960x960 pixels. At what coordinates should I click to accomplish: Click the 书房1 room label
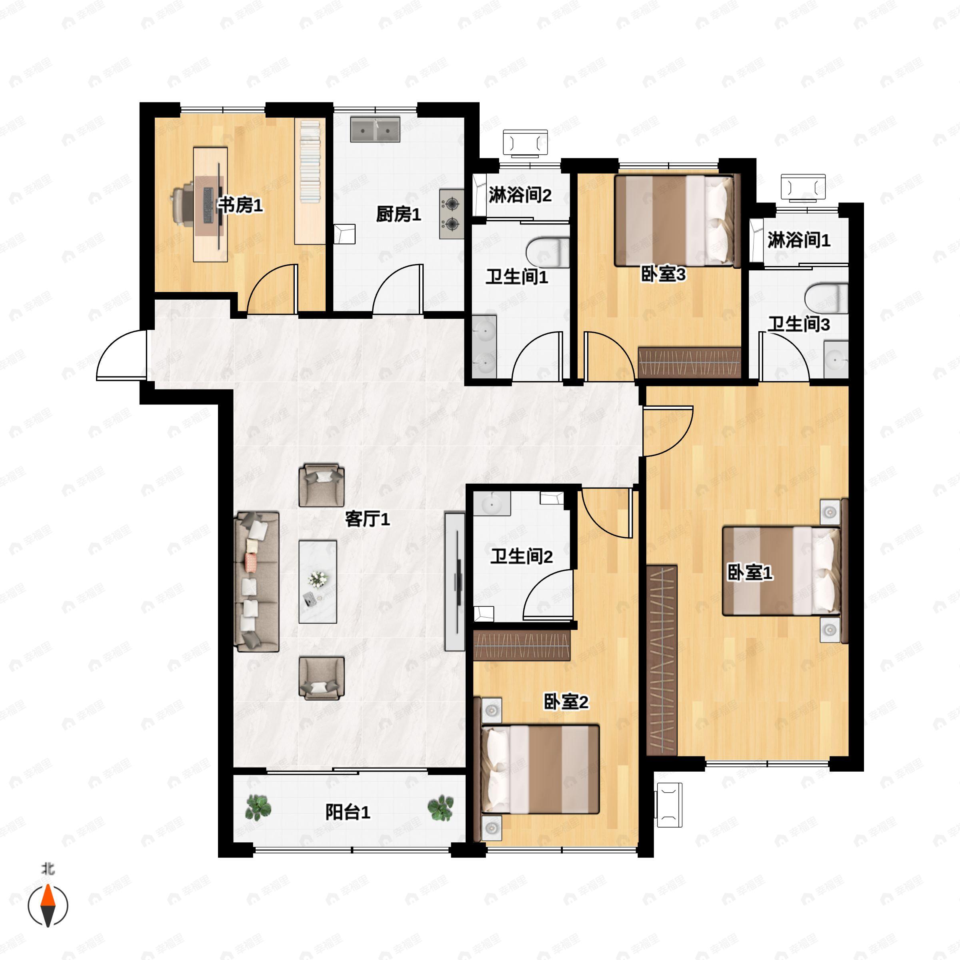(241, 205)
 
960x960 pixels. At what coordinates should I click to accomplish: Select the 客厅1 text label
(367, 519)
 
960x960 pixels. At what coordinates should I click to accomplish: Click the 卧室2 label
(566, 702)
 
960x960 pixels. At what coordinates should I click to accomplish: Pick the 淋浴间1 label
(798, 240)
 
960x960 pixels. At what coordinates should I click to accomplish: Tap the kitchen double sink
(375, 129)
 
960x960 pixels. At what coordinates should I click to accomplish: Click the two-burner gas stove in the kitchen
(452, 214)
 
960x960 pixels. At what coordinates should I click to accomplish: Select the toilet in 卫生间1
(548, 252)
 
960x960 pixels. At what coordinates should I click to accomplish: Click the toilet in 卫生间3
(826, 298)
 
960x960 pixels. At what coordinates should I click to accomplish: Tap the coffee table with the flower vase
(318, 581)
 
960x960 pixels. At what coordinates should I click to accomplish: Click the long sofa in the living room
(256, 581)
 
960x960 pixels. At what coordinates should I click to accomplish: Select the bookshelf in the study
(310, 181)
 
